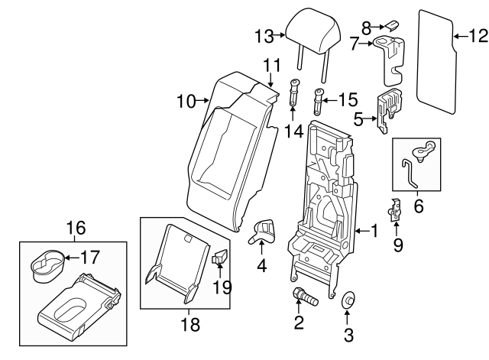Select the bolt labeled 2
coord(300,295)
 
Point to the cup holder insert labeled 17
coord(47,262)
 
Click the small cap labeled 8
coord(389,26)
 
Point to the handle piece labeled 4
coord(264,230)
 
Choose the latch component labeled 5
coord(390,108)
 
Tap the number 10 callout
coord(186,99)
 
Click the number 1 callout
coord(374,229)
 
